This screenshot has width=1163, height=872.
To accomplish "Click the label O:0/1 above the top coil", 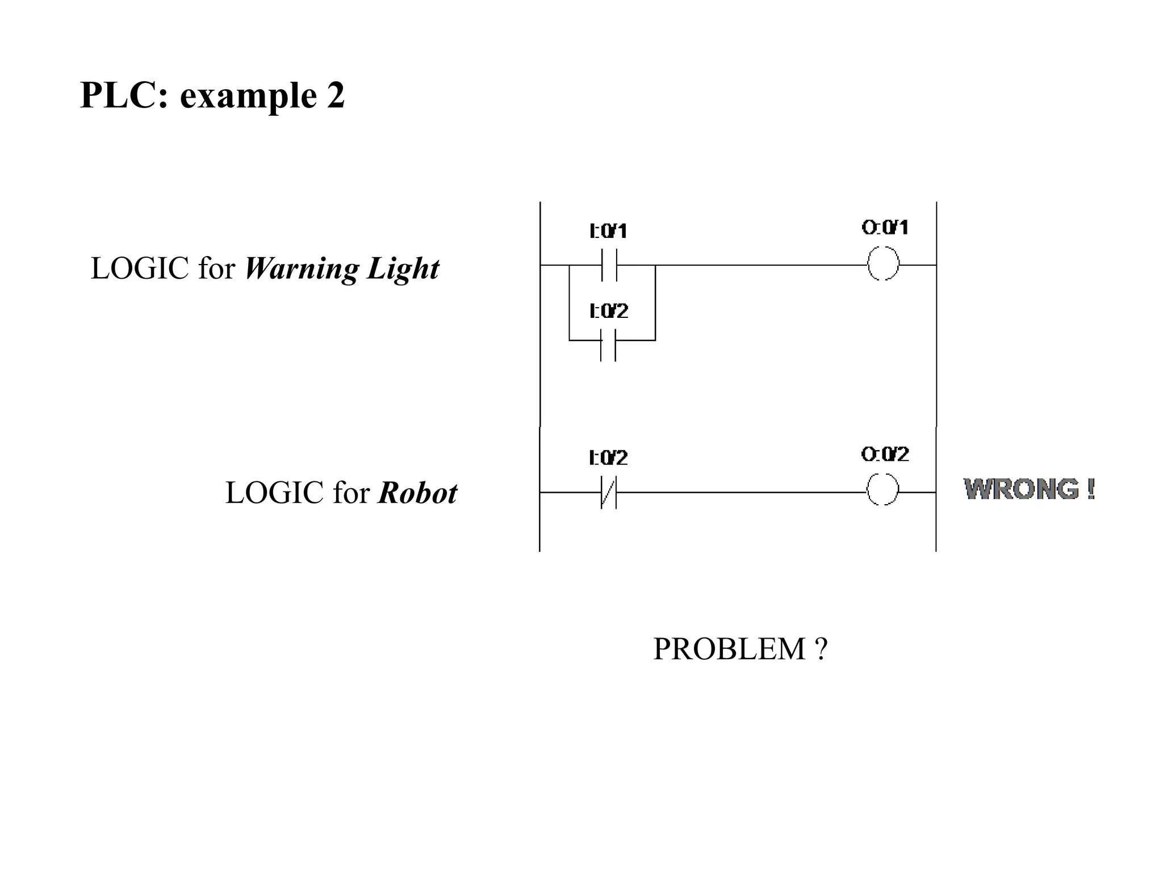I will pyautogui.click(x=885, y=228).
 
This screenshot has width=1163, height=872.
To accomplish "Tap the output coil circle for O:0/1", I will pyautogui.click(x=883, y=264).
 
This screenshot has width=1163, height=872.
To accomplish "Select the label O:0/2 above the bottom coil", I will pyautogui.click(x=885, y=454).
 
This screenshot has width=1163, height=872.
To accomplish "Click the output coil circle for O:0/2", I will pyautogui.click(x=882, y=489).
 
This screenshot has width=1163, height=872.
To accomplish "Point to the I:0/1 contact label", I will pyautogui.click(x=608, y=231).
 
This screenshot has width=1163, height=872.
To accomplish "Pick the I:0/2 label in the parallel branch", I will pyautogui.click(x=609, y=311).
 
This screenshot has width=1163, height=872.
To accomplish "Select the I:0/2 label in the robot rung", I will pyautogui.click(x=608, y=458).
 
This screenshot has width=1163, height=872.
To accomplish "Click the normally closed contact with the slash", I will pyautogui.click(x=608, y=492).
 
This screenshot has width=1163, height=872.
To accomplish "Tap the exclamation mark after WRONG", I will pyautogui.click(x=1091, y=489).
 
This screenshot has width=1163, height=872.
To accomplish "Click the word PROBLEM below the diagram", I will pyautogui.click(x=729, y=649).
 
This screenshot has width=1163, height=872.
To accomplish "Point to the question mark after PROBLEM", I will pyautogui.click(x=821, y=649).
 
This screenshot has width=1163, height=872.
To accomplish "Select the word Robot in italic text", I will pyautogui.click(x=417, y=493).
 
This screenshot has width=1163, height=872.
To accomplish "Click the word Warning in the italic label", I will pyautogui.click(x=301, y=269).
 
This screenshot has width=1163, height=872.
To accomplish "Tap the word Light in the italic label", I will pyautogui.click(x=403, y=269).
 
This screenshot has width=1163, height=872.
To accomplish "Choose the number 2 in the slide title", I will pyautogui.click(x=336, y=95).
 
